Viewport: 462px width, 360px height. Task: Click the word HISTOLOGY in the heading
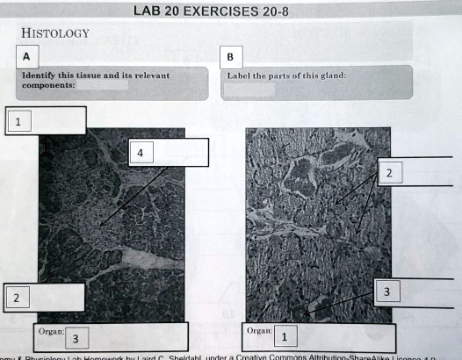point(55,33)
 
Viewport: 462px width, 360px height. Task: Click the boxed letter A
point(26,57)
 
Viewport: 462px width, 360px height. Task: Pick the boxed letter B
point(230,59)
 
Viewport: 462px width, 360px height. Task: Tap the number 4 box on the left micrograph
point(140,154)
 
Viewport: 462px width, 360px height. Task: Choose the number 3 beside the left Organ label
point(76,338)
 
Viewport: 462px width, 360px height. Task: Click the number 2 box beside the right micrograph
point(388,174)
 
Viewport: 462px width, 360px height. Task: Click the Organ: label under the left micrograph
point(48,331)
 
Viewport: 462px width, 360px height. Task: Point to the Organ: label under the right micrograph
point(258,331)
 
